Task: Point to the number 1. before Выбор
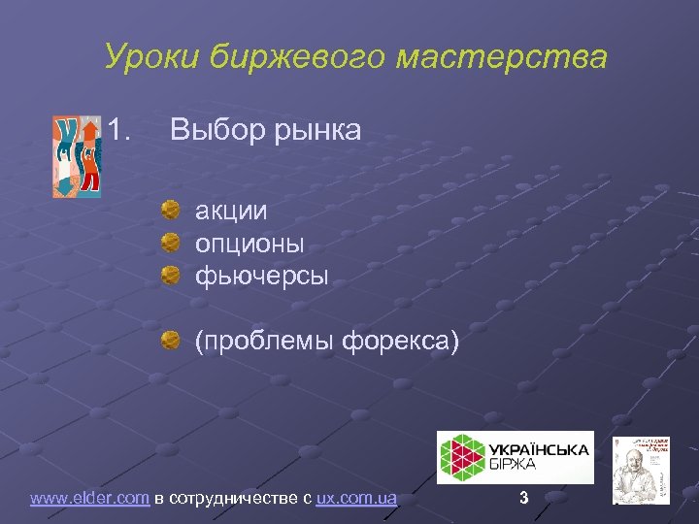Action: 120,129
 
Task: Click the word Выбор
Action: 213,129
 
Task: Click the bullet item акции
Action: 231,210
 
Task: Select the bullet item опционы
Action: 250,243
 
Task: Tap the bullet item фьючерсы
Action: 262,276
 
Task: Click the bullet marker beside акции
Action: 170,209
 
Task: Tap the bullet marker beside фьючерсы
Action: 170,275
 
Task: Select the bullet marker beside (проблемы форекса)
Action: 170,340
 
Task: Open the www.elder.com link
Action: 89,499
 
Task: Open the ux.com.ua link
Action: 356,499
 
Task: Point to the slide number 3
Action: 524,498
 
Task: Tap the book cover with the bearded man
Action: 641,470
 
